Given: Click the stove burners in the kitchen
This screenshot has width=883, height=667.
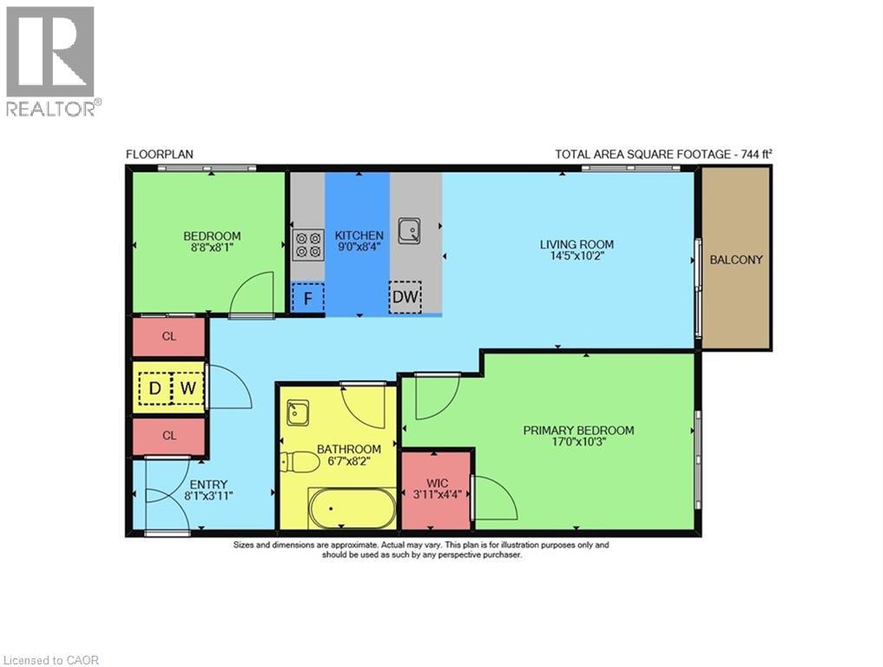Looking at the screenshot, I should (x=307, y=245).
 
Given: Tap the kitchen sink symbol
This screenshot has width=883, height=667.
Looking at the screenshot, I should (x=410, y=231).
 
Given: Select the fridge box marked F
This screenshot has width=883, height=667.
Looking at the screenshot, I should (x=307, y=298).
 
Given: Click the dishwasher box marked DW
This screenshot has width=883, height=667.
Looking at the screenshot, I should (x=405, y=298).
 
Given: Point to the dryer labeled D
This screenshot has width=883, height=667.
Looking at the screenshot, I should (x=155, y=388).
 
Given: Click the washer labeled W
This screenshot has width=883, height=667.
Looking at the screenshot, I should (x=188, y=388).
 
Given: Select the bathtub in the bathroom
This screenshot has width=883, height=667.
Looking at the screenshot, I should (x=352, y=507).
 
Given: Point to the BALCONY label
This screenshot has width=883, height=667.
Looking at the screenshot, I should (x=736, y=260).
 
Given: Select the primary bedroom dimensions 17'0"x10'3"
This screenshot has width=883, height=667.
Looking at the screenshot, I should (x=578, y=444).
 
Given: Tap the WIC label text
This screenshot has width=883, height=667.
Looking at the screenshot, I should (x=436, y=482).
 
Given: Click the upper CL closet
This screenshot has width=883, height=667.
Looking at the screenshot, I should (x=169, y=337).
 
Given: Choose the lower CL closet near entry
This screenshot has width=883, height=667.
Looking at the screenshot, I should (x=169, y=436).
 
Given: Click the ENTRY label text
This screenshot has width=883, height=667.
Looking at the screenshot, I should (x=208, y=485).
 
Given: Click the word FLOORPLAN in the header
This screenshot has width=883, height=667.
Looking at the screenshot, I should (x=160, y=155).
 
